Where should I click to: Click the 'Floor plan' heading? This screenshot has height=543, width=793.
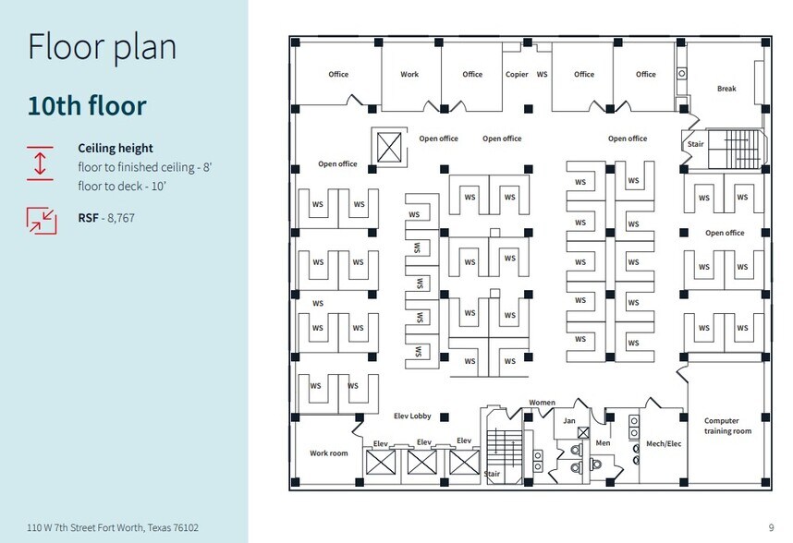pos(103,47)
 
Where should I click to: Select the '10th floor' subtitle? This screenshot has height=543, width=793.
pos(87,105)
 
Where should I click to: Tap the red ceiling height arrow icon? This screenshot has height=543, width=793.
pos(40,163)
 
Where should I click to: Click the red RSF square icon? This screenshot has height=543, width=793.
pos(42,220)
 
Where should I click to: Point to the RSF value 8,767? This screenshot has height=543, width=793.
pos(121,218)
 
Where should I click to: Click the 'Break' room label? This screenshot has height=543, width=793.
pos(726,89)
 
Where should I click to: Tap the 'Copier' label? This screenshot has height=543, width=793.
pos(517,74)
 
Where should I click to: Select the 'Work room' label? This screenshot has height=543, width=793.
pos(329,453)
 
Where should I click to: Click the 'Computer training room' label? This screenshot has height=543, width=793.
pos(727,426)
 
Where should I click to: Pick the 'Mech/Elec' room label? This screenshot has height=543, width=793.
pos(664,443)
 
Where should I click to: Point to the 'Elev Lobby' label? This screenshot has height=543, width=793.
pos(412,416)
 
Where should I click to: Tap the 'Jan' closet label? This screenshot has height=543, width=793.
pos(569,420)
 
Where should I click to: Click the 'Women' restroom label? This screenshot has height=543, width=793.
pos(543,403)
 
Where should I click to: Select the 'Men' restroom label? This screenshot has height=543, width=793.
pos(603,443)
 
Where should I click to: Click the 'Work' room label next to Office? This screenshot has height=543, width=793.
pos(409,74)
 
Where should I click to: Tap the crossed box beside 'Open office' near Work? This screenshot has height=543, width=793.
pos(389,148)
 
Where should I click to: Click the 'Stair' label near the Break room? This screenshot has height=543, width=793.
pos(695,144)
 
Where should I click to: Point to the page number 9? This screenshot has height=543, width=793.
pos(771,528)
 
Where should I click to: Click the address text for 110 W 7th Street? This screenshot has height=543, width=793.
pos(113,528)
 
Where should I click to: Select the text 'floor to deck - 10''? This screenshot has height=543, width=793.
pos(122,187)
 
